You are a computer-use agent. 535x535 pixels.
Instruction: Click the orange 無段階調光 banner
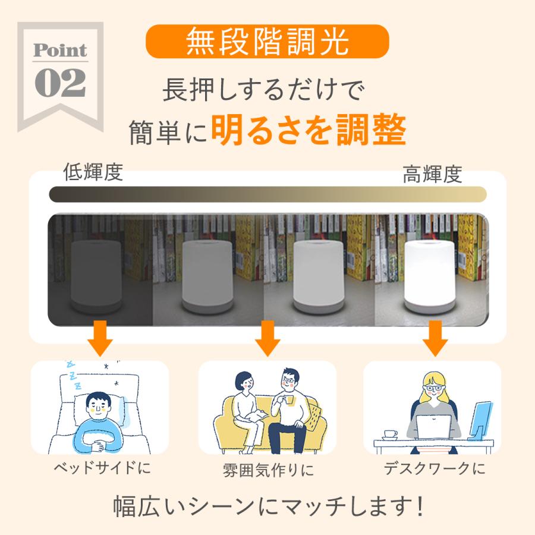(x=267, y=41)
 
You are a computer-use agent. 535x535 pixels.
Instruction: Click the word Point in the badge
(x=60, y=51)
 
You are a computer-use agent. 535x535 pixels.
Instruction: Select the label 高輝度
(x=432, y=174)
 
